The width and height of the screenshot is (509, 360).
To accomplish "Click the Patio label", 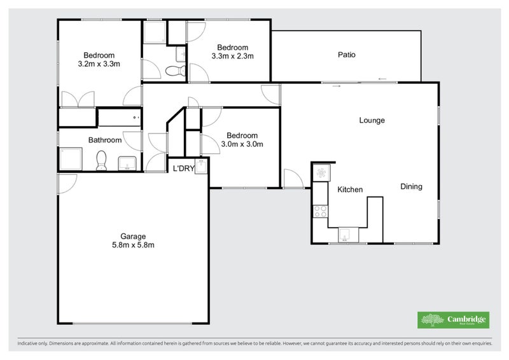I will point(346,55).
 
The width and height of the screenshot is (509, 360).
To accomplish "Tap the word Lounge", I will point(372,120).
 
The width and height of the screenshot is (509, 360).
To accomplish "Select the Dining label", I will point(411,187).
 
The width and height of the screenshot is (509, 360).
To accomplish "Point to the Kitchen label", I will point(349,190).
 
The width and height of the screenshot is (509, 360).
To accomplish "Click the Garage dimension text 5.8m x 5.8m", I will point(134,245).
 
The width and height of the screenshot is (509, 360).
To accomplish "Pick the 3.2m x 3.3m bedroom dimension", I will point(99,64).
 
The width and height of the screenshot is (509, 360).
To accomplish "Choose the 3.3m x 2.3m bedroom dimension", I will point(232,56).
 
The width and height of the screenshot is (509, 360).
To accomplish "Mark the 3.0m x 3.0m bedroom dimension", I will point(242,144).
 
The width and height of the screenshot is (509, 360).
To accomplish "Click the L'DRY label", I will point(184,169).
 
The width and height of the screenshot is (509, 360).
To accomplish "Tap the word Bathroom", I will point(104,140).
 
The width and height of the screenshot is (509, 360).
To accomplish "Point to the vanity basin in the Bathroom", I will point(128,163).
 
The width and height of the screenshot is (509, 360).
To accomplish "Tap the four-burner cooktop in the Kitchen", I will point(320,211).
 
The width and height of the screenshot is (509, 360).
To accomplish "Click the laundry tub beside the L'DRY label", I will point(201,167).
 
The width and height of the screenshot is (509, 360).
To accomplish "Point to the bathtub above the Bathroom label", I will point(119,118).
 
